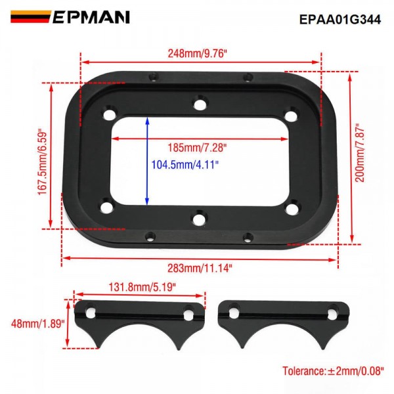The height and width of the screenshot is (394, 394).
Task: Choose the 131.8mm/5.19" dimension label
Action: pyautogui.click(x=140, y=286)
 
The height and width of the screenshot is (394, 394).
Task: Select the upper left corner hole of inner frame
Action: pyautogui.click(x=108, y=116)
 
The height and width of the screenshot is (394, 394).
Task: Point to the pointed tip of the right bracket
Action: pyautogui.click(x=242, y=347)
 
